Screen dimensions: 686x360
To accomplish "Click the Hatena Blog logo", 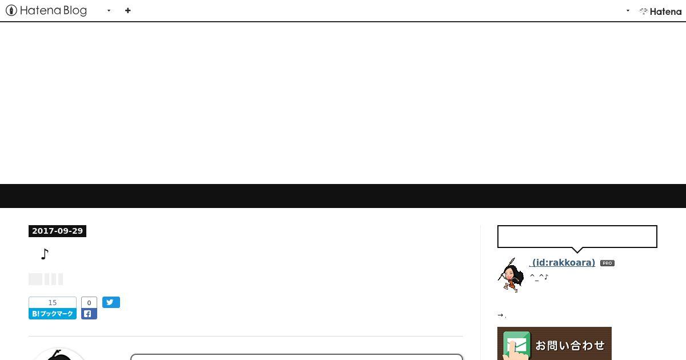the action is point(46,11).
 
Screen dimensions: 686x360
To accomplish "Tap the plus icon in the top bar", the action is point(127,11).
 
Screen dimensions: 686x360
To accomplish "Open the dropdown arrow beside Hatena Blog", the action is point(109,11).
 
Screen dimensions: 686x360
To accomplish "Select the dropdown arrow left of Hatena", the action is point(628,11).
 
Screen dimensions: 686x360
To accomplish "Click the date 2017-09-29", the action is point(57,231).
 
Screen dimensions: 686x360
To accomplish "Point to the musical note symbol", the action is point(45,254).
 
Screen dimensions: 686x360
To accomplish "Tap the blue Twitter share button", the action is point(111,302).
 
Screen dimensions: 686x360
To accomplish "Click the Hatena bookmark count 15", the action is point(53,303).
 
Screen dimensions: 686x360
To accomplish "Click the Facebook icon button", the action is point(89,314).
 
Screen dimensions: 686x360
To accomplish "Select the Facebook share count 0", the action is point(89,303).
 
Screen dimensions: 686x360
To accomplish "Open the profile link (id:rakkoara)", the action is point(563,263).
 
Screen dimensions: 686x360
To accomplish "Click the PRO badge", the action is point(607,263).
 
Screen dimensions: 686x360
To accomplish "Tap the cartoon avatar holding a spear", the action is point(511,275).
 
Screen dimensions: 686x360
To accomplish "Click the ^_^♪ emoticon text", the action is point(539,277).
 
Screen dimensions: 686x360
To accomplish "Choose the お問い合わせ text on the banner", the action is point(570,346).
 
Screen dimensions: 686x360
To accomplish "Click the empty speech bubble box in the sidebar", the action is point(577,237).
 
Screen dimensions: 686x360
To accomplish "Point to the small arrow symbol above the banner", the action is point(500,315).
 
